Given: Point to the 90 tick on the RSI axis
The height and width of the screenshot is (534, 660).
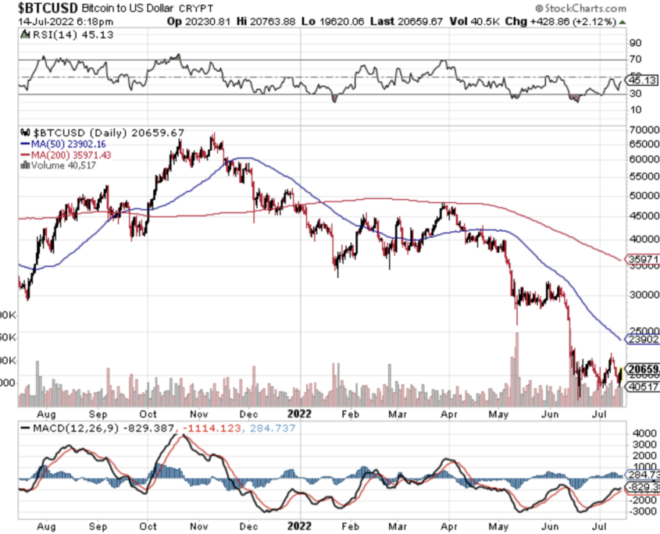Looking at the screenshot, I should pos(634,44).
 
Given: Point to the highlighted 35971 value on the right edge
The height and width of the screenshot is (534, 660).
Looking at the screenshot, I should pos(644,258).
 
